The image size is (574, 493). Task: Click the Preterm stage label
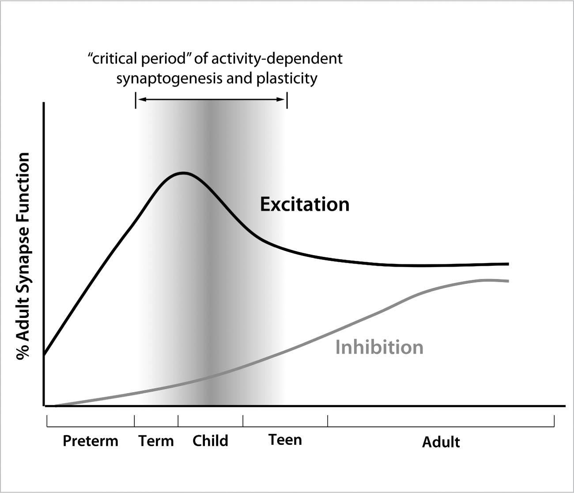91,441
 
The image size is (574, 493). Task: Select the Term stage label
156,441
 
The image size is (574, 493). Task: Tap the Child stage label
210,441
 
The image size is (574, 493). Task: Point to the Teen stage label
285,440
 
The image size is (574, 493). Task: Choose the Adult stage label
441,442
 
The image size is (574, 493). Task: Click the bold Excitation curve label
305,204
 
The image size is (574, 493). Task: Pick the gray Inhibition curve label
379,347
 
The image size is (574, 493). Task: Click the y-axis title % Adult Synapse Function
23,256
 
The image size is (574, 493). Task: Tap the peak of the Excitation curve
183,173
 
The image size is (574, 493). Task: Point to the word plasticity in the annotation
287,79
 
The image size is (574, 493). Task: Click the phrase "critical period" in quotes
136,59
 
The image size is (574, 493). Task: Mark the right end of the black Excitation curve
509,264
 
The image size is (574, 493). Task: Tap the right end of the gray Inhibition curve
509,281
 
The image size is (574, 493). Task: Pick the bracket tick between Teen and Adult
328,420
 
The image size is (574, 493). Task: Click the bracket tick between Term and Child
178,420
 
